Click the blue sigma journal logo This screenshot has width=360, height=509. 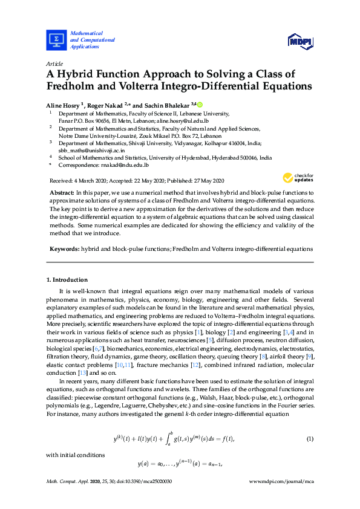[56, 39]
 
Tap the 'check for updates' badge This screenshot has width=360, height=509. [296, 178]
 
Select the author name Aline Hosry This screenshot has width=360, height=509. [64, 105]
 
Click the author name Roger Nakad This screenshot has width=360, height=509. [104, 105]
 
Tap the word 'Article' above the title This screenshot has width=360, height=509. [54, 63]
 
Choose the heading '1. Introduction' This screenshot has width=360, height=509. [67, 280]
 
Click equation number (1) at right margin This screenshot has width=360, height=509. [310, 421]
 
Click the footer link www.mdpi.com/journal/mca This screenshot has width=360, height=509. [281, 482]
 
